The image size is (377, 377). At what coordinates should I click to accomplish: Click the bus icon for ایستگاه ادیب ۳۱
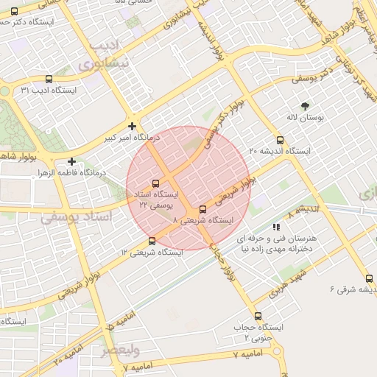point(49,79)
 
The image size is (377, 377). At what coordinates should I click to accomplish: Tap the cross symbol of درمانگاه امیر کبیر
point(132,126)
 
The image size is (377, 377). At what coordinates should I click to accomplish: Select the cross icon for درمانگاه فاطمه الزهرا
point(71,161)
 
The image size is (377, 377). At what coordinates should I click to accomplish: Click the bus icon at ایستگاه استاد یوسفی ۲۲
point(155,183)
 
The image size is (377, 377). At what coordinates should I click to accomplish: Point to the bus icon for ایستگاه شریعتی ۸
point(202,209)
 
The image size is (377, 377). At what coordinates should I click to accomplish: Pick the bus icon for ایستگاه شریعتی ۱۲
point(152,241)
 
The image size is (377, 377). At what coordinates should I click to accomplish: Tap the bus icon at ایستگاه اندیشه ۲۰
point(279,140)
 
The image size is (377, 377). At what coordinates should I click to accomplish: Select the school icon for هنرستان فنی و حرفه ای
point(276,228)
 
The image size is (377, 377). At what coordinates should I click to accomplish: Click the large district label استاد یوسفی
point(78,217)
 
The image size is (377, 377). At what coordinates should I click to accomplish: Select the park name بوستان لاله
point(306,117)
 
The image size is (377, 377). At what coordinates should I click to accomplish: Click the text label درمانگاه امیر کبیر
point(108,138)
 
